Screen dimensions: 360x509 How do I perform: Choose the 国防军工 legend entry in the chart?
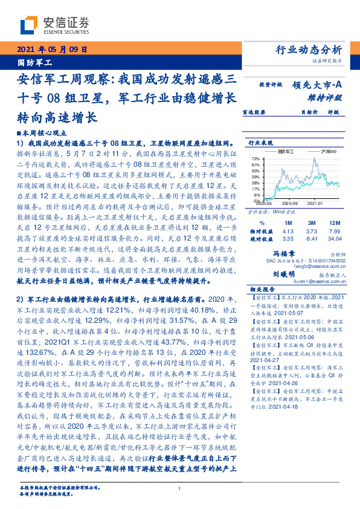coord(288,151)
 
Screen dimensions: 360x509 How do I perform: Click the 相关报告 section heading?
coord(261,290)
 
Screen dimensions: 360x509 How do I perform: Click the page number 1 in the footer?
coord(180,490)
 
